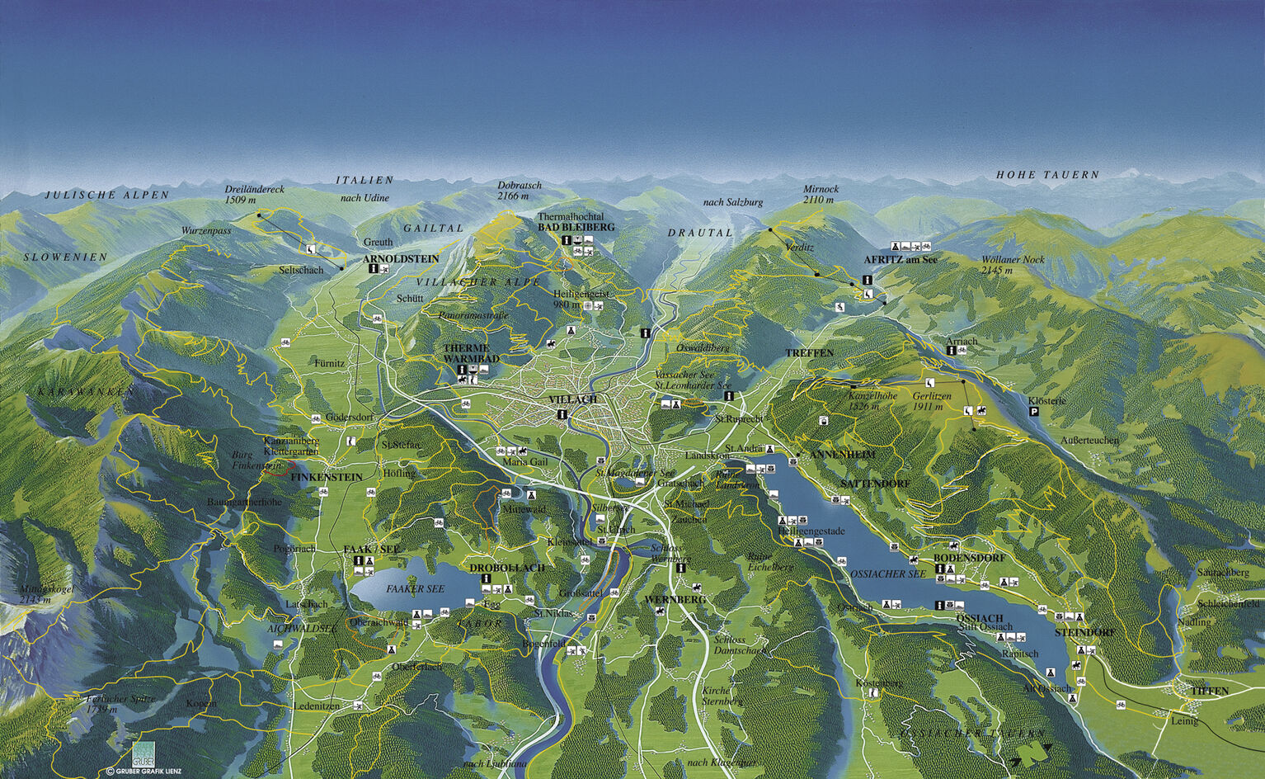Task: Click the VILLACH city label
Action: pyautogui.click(x=572, y=399)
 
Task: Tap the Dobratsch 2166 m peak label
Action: pyautogui.click(x=520, y=191)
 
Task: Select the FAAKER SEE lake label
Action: pyautogui.click(x=415, y=588)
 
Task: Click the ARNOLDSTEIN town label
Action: pyautogui.click(x=401, y=258)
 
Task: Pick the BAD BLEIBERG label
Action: pyautogui.click(x=576, y=227)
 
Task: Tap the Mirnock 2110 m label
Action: pyautogui.click(x=821, y=194)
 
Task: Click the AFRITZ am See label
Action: pyautogui.click(x=901, y=259)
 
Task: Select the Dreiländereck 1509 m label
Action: pyautogui.click(x=254, y=194)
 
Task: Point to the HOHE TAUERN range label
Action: pyautogui.click(x=1047, y=175)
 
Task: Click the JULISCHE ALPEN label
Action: pyautogui.click(x=106, y=196)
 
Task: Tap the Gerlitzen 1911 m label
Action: pyautogui.click(x=932, y=401)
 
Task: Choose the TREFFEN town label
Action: pyautogui.click(x=809, y=353)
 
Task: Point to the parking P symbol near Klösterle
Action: pyautogui.click(x=1034, y=411)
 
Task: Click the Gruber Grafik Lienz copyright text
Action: pyautogui.click(x=143, y=772)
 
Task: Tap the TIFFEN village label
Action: pyautogui.click(x=1210, y=691)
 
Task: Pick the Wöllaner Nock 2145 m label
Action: pyautogui.click(x=1013, y=264)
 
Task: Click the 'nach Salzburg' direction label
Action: pyautogui.click(x=732, y=202)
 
